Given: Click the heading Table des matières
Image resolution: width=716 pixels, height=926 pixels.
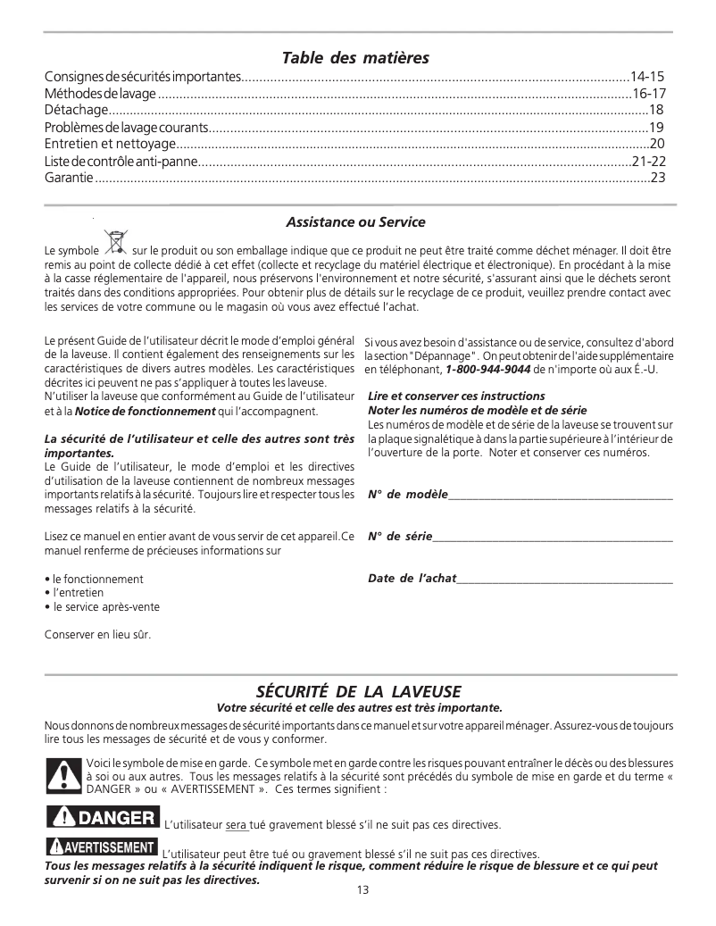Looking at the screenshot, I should [x=355, y=58].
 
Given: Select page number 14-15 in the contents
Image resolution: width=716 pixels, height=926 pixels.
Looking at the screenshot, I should [x=647, y=77].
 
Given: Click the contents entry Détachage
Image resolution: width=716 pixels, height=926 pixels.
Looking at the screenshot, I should [x=76, y=110].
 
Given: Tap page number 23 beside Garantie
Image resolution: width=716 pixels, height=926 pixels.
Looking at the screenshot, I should [x=658, y=178].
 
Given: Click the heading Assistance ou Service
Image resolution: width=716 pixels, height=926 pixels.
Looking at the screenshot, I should [x=355, y=221].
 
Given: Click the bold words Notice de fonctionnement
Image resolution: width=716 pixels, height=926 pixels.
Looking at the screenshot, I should [x=146, y=412].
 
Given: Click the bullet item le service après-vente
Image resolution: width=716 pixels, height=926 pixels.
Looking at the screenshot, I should [x=106, y=606].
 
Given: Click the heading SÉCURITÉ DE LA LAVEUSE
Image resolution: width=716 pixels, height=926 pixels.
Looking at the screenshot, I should [x=358, y=692].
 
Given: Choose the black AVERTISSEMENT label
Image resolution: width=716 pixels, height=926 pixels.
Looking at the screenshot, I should [x=102, y=847].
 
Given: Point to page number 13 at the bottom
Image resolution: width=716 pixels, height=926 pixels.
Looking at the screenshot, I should [x=362, y=889].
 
